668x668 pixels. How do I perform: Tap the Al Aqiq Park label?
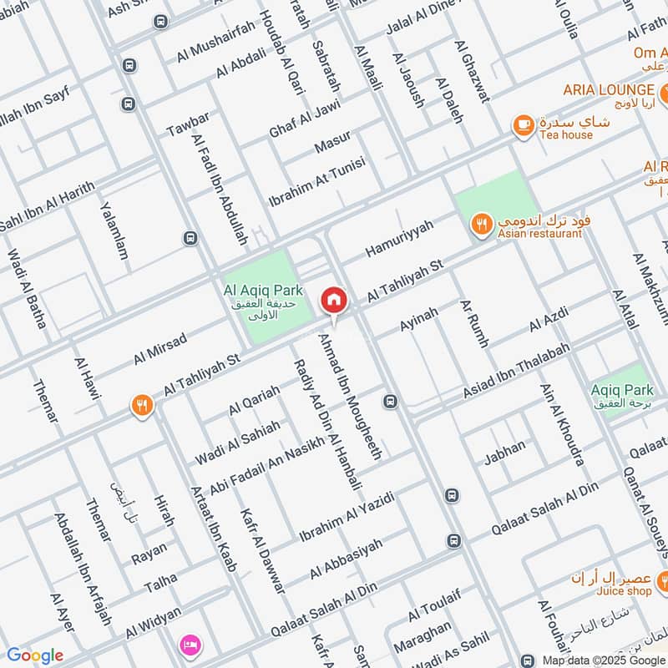tap(262, 290)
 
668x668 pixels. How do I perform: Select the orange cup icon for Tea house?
tap(523, 124)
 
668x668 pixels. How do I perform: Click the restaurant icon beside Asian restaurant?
tap(480, 224)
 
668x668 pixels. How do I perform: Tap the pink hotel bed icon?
tap(189, 645)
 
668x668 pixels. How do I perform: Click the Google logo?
tap(34, 655)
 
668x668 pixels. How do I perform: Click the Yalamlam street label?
tap(114, 230)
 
